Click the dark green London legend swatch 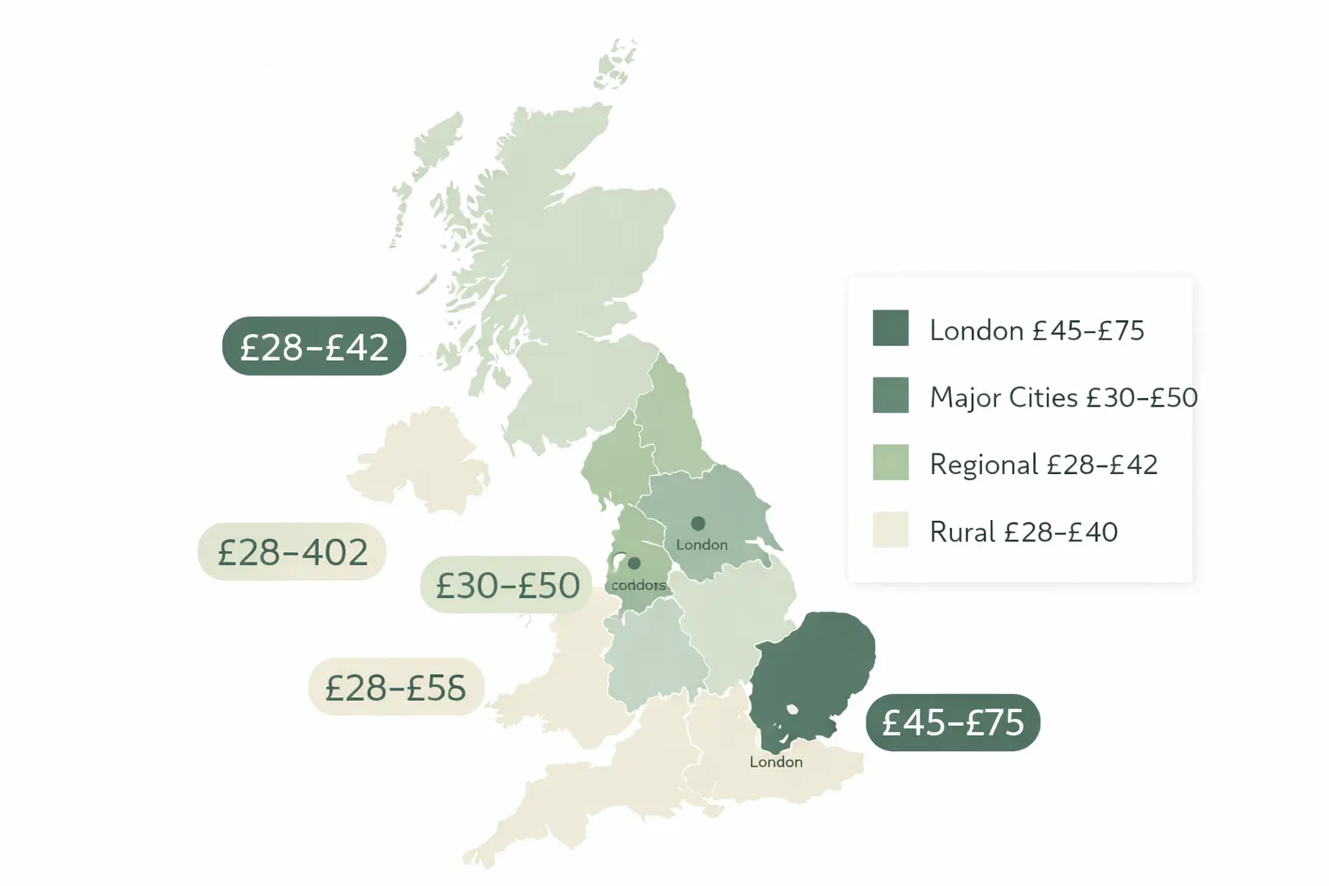890,328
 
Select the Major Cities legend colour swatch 890,395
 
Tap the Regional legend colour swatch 890,462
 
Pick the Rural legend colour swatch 890,530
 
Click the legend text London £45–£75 1037,331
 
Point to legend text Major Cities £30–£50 1063,397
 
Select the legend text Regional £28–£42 1043,465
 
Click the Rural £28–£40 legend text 1024,531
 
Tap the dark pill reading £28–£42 314,346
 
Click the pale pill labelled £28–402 292,552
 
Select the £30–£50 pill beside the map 507,586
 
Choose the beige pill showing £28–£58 395,688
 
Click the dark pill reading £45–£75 953,722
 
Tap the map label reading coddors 639,585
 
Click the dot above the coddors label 633,563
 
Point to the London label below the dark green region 776,762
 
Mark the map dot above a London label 697,523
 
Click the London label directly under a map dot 702,544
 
